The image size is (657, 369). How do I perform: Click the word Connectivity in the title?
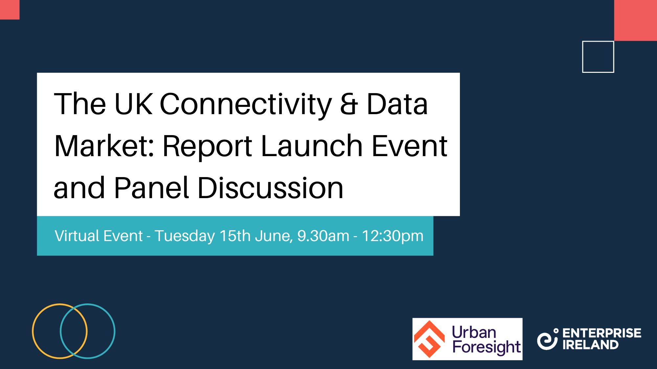point(246,104)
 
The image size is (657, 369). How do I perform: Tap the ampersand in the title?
point(349,104)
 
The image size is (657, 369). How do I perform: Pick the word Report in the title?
point(207,147)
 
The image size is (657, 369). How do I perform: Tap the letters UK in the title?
point(133,104)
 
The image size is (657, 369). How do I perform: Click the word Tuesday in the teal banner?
point(185,236)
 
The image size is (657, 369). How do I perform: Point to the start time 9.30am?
point(323,236)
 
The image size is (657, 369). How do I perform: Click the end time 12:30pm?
point(393,236)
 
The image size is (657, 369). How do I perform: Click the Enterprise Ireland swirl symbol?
point(547,339)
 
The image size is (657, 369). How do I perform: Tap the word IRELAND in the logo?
point(590,345)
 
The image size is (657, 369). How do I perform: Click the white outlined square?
point(598,57)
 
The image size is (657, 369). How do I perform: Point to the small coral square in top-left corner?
point(10,10)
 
